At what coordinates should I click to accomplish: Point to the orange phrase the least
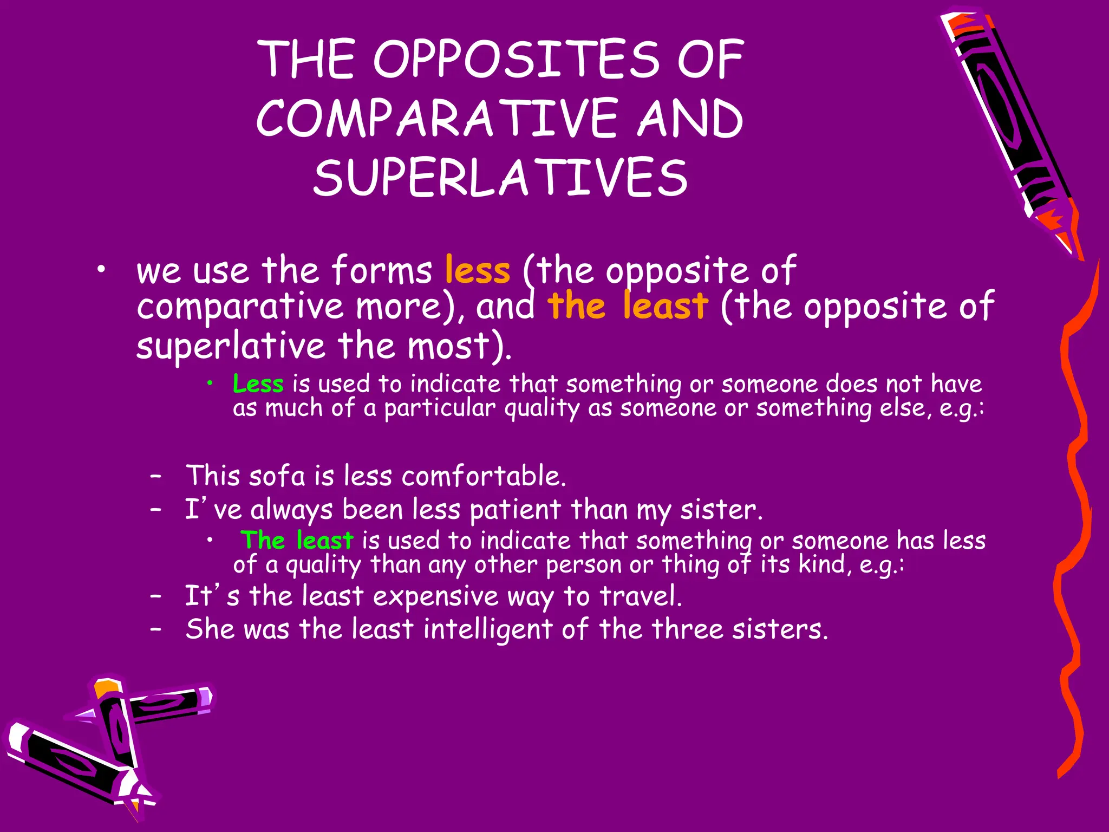click(x=627, y=305)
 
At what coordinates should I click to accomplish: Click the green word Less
click(x=258, y=384)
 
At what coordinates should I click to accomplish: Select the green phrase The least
click(x=297, y=541)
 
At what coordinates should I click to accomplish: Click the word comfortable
click(x=484, y=476)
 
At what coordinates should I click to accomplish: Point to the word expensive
click(x=435, y=596)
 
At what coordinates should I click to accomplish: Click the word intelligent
click(x=487, y=629)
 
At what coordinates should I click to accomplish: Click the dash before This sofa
click(x=156, y=477)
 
